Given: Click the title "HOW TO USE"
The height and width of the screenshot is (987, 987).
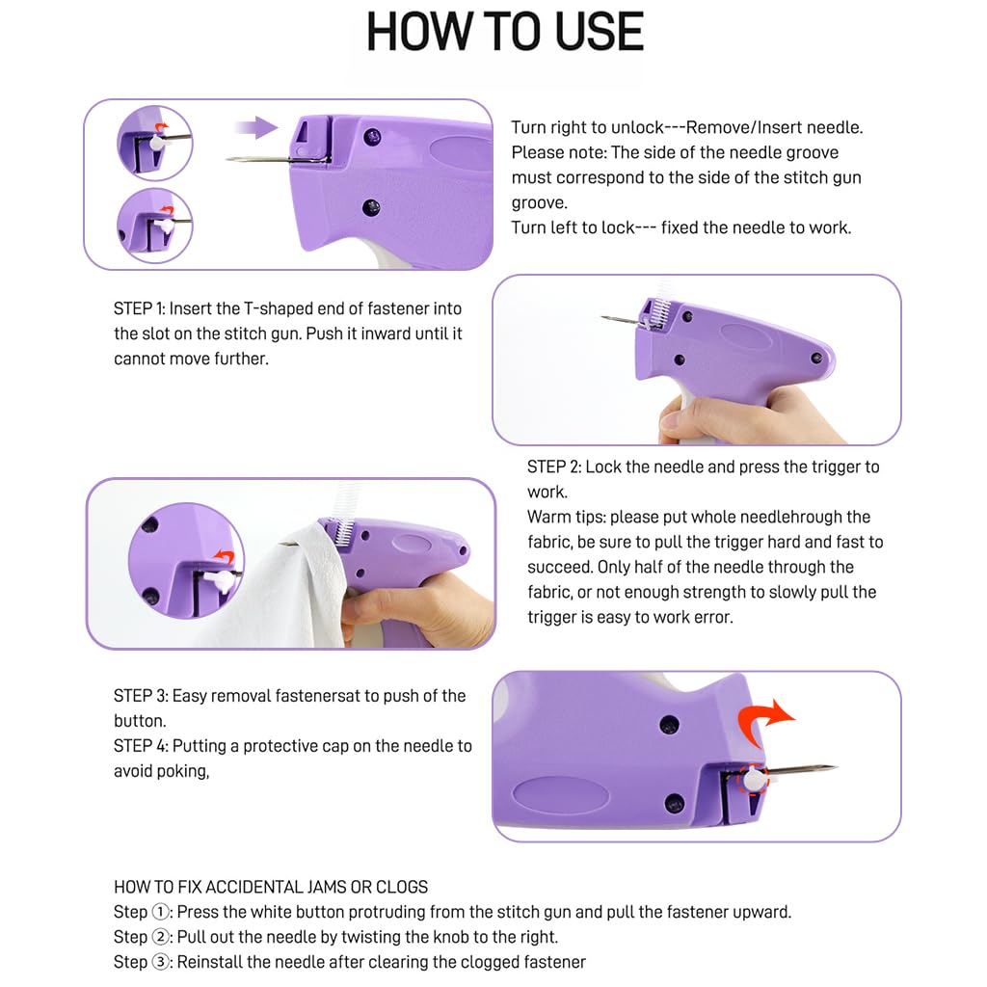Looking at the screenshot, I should (x=505, y=33).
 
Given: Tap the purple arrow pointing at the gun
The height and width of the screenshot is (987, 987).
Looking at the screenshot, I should (x=256, y=126).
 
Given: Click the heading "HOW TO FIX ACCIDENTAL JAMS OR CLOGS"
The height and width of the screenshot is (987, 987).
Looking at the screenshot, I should (x=271, y=887).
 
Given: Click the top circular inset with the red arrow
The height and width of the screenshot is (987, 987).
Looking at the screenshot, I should (x=154, y=143).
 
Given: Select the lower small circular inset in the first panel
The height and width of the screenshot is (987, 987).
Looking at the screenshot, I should (x=154, y=225).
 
